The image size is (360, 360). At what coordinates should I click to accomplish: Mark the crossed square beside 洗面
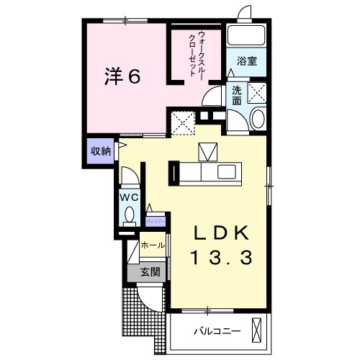257,92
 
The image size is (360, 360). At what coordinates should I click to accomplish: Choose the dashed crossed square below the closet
183,123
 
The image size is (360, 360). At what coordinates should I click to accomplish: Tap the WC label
129,195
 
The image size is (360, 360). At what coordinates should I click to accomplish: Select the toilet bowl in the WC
130,214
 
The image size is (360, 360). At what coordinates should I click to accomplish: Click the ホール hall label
153,246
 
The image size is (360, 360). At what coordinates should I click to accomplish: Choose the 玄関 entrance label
150,272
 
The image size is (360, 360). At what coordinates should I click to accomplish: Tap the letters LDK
222,233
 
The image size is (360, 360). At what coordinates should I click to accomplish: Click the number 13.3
221,257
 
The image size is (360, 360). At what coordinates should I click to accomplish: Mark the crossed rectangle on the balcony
258,330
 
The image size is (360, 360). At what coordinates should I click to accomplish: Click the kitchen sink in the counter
226,173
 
